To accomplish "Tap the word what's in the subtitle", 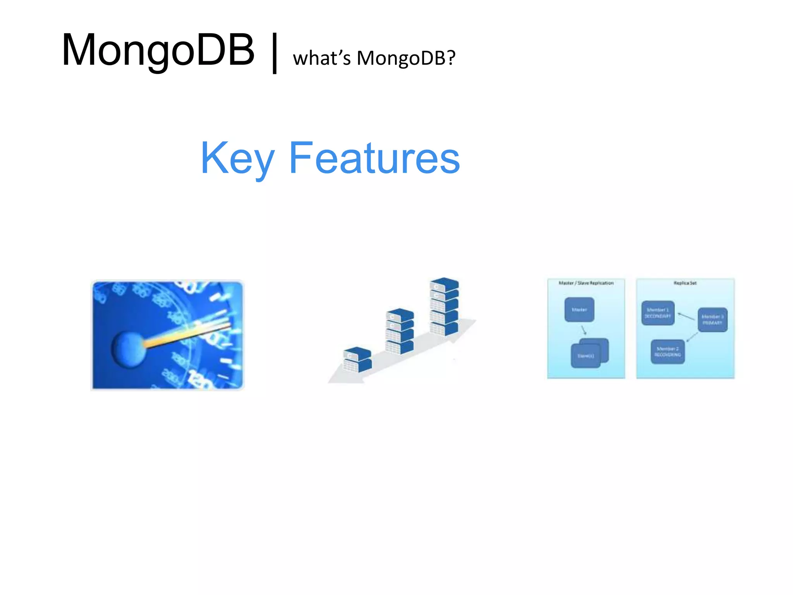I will click(x=321, y=58).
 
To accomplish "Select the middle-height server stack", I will click(x=400, y=331).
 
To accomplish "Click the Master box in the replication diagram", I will click(x=579, y=310).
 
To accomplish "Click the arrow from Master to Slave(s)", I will click(x=584, y=330).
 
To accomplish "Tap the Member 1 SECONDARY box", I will click(x=657, y=313).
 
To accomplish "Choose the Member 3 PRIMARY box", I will click(x=712, y=320).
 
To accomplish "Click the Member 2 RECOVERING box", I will click(x=667, y=352).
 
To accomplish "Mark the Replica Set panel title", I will click(x=685, y=283).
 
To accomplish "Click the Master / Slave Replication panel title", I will click(x=586, y=283).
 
